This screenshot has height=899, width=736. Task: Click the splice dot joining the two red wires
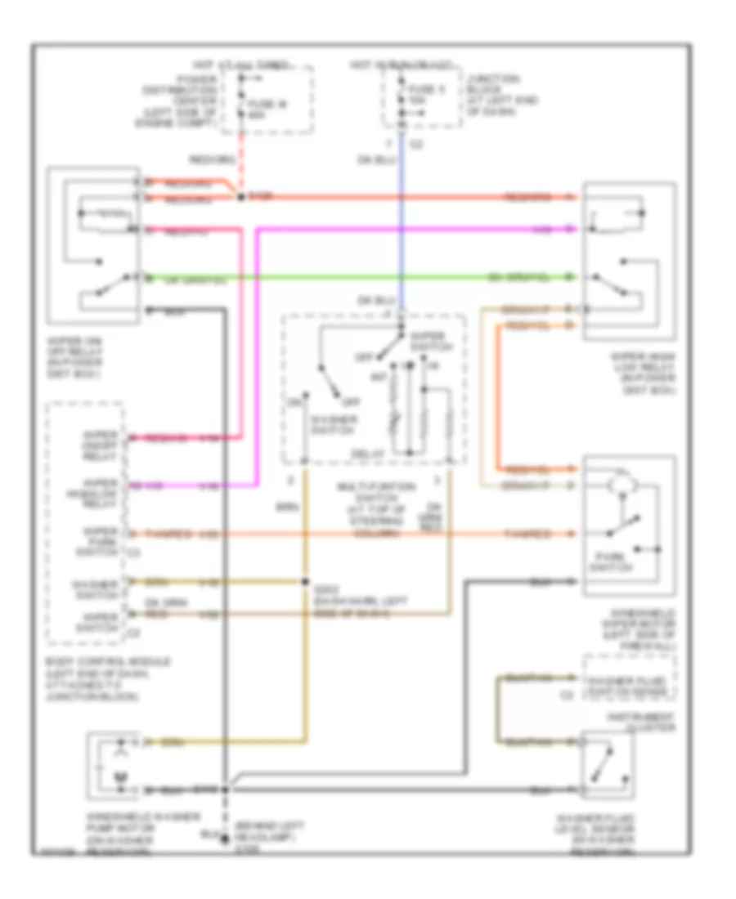click(x=240, y=197)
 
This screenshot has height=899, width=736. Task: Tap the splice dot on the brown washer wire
click(x=305, y=583)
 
